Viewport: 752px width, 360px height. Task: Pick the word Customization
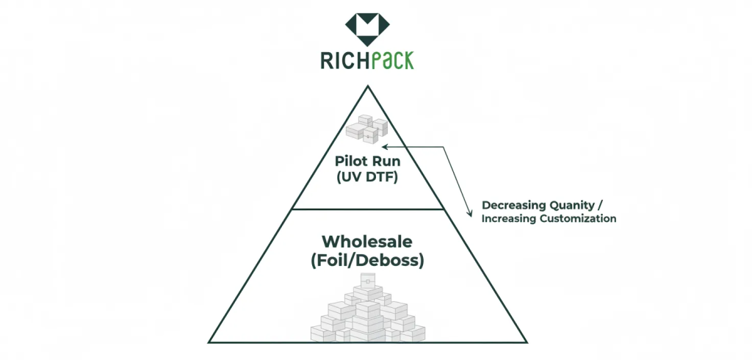pos(580,219)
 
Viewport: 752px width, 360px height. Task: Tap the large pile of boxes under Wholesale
pos(367,312)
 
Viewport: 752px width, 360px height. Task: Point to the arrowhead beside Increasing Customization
pos(471,214)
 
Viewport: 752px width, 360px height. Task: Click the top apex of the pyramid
pos(367,87)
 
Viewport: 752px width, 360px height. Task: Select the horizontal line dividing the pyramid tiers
pos(367,209)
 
